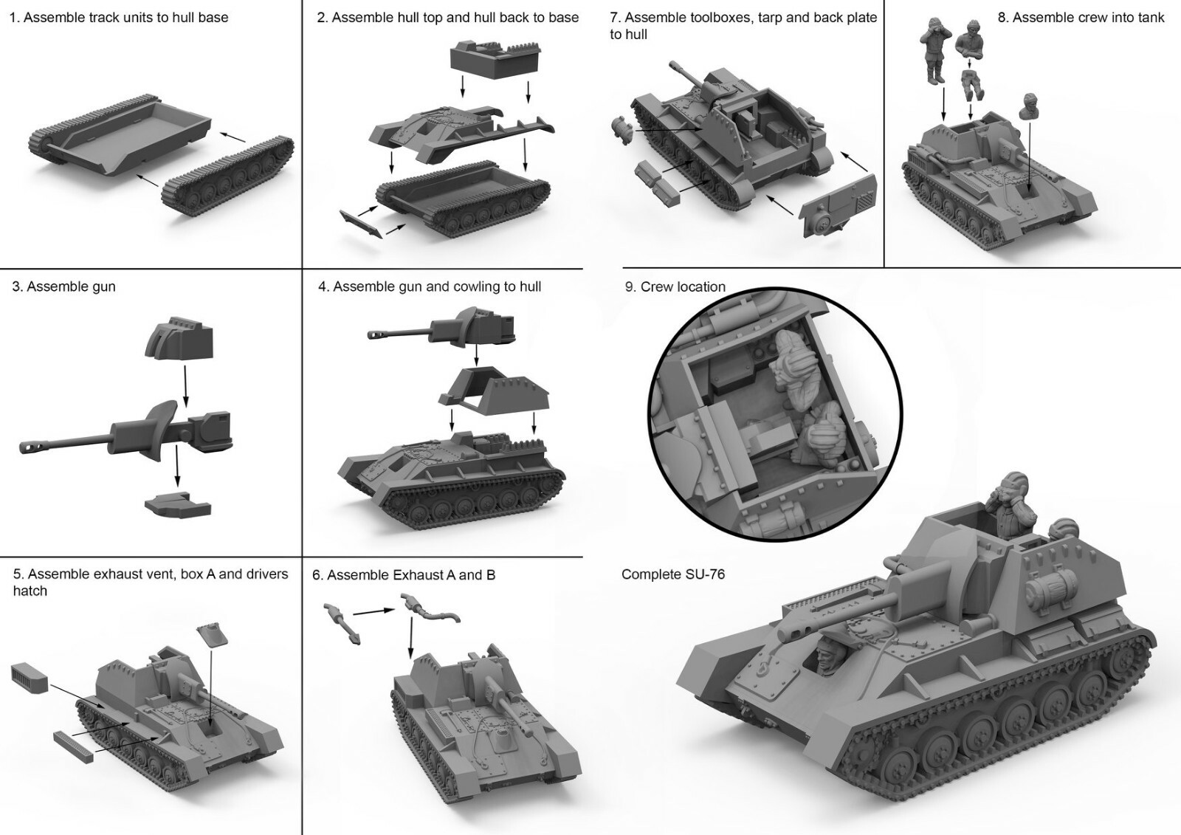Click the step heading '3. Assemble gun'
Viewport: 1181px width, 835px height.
point(64,286)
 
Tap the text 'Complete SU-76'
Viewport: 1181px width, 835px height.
point(672,574)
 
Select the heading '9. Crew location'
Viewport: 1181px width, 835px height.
point(675,286)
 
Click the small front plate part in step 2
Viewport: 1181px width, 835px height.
point(361,224)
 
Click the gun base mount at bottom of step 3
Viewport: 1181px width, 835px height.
point(178,505)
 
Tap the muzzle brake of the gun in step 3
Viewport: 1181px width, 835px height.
point(30,447)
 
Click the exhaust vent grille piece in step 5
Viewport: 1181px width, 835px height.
point(30,676)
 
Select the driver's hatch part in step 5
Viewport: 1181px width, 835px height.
point(213,635)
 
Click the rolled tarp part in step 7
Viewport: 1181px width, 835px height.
point(623,131)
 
